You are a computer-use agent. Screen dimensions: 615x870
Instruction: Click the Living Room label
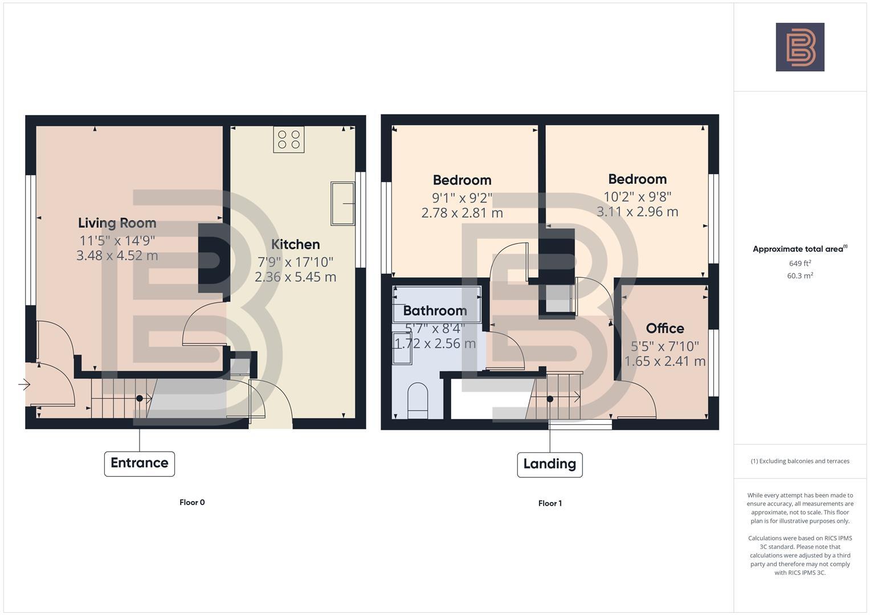click(x=117, y=223)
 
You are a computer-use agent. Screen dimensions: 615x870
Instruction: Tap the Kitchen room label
click(x=295, y=244)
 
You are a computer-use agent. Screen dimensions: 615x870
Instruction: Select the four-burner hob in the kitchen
click(x=288, y=140)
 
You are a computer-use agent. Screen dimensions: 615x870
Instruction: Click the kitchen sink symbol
click(x=342, y=203)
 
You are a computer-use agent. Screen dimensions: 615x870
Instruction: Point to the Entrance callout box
click(x=139, y=463)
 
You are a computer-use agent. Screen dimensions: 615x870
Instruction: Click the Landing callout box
click(x=549, y=464)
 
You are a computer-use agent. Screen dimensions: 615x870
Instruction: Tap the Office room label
click(x=665, y=329)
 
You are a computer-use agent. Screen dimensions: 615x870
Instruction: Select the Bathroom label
click(x=435, y=311)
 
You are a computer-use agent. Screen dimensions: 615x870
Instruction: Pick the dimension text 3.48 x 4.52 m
click(x=117, y=256)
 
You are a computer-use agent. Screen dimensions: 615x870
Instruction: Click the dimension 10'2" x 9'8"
click(x=637, y=196)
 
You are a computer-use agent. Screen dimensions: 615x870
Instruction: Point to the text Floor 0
click(x=192, y=502)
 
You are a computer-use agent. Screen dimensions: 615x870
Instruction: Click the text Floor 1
click(x=550, y=503)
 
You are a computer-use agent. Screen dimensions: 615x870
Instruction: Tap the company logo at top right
click(x=799, y=47)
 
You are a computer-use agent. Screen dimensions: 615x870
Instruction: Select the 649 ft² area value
click(x=800, y=263)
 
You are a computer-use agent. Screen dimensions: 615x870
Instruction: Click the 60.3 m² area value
click(x=800, y=276)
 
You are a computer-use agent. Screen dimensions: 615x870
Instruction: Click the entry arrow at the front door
click(x=24, y=385)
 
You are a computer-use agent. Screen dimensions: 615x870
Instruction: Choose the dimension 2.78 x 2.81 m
click(x=462, y=213)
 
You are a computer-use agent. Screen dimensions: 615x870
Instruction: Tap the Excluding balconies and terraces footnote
click(x=800, y=461)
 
